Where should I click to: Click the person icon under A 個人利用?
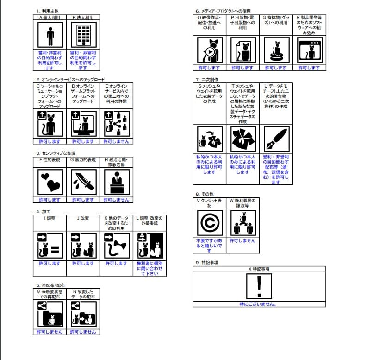[50, 35]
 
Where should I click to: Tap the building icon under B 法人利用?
[83, 35]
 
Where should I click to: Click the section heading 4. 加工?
[44, 212]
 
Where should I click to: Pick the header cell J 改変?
[83, 218]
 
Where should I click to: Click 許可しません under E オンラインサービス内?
[116, 141]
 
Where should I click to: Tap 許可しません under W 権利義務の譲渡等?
[243, 241]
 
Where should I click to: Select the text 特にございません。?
[258, 304]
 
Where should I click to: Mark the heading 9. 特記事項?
[207, 262]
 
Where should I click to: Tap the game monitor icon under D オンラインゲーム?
[83, 124]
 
